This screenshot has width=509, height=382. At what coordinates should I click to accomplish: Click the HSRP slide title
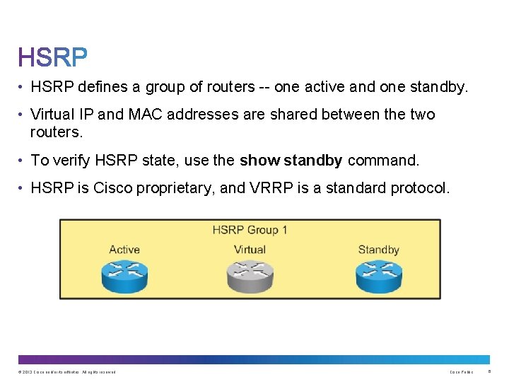click(x=53, y=57)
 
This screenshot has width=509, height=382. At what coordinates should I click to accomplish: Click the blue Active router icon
click(x=124, y=275)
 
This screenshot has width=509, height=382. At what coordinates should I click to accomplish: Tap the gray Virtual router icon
click(x=250, y=277)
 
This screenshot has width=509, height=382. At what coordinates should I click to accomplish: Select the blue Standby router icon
click(x=378, y=275)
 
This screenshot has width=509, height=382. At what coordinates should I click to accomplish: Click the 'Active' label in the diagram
click(x=124, y=250)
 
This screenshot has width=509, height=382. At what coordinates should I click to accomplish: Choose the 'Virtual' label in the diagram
click(x=250, y=250)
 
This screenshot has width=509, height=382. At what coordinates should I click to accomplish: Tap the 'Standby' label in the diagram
click(x=378, y=250)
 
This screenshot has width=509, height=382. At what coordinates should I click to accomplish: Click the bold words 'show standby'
click(x=291, y=161)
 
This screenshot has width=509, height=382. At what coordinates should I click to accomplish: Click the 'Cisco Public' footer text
click(x=461, y=372)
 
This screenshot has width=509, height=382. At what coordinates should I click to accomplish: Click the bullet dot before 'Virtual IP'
click(x=22, y=115)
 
